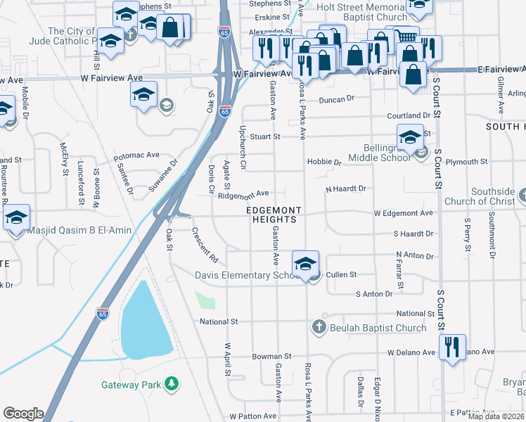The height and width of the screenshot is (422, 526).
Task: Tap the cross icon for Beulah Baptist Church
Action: point(319,327)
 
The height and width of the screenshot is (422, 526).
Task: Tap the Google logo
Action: point(23,414)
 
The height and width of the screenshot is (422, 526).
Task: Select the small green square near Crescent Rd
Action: point(205,301)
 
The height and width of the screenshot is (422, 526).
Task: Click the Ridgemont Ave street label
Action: point(245,193)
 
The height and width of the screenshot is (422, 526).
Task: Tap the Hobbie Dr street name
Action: point(323,162)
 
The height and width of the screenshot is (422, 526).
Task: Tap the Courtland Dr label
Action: point(408,115)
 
